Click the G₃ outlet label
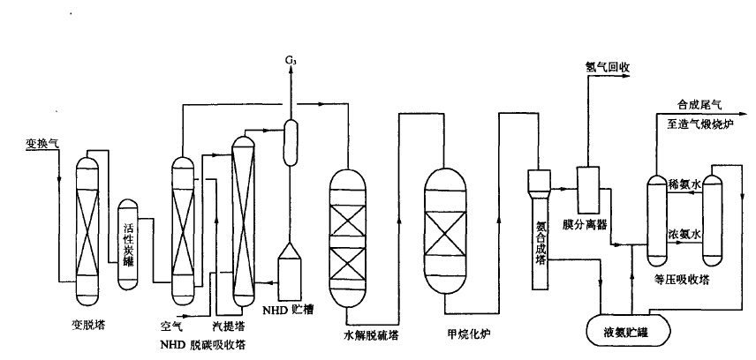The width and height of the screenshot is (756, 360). (x=291, y=59)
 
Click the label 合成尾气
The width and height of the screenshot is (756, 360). (x=699, y=103)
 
